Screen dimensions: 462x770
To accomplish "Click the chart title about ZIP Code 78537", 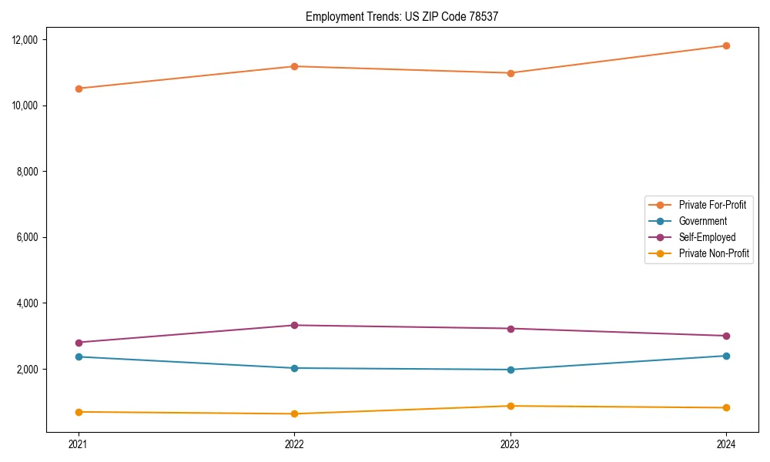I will (402, 16).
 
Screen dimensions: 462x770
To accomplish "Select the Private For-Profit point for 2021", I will (79, 89).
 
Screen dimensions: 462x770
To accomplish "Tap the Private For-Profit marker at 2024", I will (726, 45).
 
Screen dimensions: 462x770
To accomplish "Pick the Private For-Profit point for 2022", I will (294, 66).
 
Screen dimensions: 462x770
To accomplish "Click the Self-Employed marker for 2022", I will (294, 325).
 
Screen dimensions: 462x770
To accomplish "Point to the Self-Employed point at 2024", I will (726, 336).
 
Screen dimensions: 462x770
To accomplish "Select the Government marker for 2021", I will (79, 357).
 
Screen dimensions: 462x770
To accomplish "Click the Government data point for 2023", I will (511, 370).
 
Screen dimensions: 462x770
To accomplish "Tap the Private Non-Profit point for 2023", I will (511, 406).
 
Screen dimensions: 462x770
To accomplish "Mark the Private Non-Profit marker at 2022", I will (294, 413).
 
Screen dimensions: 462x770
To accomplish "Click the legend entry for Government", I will (702, 221).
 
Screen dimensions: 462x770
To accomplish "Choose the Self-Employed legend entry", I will (707, 237).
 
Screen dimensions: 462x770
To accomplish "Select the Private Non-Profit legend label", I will (714, 253).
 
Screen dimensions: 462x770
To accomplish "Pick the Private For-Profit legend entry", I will (712, 205).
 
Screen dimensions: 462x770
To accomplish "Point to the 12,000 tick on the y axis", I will (27, 39).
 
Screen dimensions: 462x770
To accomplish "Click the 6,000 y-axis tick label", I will (29, 237).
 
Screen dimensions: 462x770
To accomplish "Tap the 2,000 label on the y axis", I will (29, 370).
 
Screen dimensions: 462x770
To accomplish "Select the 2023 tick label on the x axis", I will (511, 444).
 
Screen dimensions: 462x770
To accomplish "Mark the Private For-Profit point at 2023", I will (511, 73).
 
